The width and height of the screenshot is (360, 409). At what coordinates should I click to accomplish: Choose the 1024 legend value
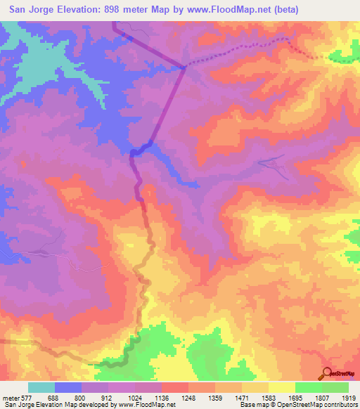(x=135, y=398)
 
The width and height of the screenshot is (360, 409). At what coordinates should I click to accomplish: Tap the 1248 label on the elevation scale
(x=188, y=398)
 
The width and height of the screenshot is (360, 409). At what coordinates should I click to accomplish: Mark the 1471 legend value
(x=241, y=398)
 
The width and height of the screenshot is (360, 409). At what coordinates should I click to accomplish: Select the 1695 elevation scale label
(x=295, y=398)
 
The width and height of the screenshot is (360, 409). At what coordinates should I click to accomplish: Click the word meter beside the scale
(x=11, y=398)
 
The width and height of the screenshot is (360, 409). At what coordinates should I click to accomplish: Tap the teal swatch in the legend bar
(x=41, y=388)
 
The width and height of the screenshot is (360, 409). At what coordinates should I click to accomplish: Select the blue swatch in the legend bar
(x=68, y=388)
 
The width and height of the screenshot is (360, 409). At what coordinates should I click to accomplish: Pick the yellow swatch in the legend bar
(x=282, y=388)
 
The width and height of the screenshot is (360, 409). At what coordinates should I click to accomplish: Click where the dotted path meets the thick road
(x=184, y=67)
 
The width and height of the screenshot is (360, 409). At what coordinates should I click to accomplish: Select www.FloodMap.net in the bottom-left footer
(x=145, y=405)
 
